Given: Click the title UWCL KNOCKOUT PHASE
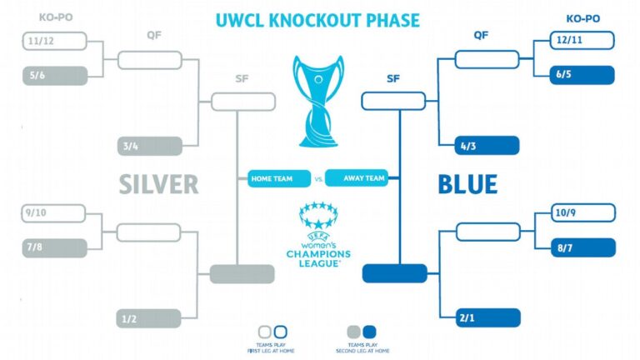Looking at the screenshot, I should click(x=317, y=19).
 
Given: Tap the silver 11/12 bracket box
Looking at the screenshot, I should click(x=54, y=41).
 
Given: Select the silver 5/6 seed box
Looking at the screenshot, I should click(x=54, y=75).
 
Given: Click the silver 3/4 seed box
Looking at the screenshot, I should click(x=149, y=146).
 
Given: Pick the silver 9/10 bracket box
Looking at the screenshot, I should click(x=54, y=213).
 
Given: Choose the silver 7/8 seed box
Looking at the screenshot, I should click(x=54, y=247).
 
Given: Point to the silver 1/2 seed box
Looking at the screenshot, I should click(x=149, y=317).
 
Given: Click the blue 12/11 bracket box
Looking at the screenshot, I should click(x=582, y=40).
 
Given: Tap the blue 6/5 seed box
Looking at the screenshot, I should click(x=582, y=75).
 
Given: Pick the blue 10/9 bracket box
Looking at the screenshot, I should click(x=582, y=213).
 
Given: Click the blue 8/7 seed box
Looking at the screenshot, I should click(x=582, y=247).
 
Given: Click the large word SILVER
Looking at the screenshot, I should click(x=158, y=184).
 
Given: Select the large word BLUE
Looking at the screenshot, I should click(x=467, y=184).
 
